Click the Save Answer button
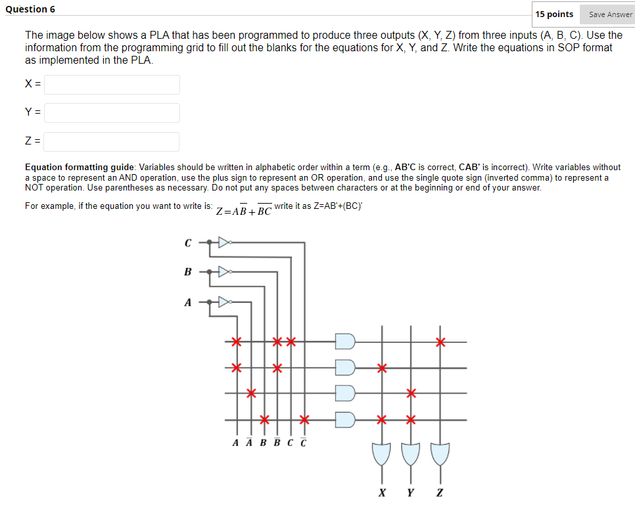pos(609,14)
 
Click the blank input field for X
pos(112,84)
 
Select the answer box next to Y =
pos(112,112)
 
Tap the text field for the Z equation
pos(112,141)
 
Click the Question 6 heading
pos(30,9)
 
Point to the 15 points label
pos(553,14)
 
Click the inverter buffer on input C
pos(224,242)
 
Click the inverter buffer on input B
pos(224,271)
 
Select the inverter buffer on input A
pos(224,302)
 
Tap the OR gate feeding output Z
pos(440,453)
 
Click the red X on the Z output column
pos(440,342)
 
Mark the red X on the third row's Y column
pos(411,393)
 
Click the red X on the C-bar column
pos(304,419)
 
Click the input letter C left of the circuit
pos(187,243)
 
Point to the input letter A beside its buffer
pos(187,303)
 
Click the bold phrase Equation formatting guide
pos(80,168)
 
